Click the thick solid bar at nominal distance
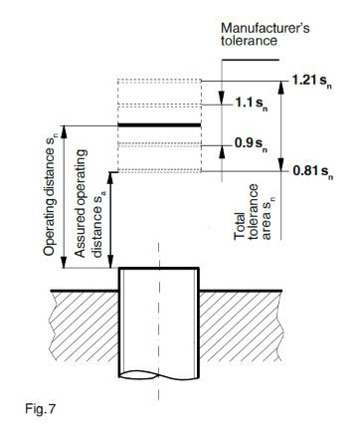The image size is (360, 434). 158,124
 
